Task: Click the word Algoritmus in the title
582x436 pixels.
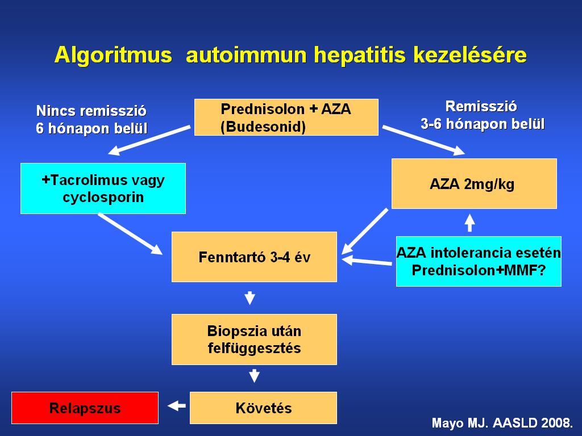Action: tap(113, 55)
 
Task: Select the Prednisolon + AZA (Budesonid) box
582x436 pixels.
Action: tap(286, 117)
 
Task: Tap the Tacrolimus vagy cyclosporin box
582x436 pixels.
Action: tap(103, 188)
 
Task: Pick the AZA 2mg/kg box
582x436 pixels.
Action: tap(474, 183)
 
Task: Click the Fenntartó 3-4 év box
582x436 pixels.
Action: tap(254, 257)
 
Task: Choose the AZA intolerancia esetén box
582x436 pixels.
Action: tap(479, 261)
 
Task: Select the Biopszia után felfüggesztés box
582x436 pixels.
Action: tap(254, 339)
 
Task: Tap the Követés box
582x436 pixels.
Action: tap(264, 408)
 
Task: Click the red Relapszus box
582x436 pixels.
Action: tap(85, 408)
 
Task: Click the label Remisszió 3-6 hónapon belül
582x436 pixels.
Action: tap(482, 115)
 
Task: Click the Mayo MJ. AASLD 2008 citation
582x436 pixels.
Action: tap(502, 423)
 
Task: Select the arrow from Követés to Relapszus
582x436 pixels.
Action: tap(176, 405)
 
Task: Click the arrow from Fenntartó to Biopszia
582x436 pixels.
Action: tap(250, 297)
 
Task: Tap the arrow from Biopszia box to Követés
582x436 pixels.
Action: tap(254, 376)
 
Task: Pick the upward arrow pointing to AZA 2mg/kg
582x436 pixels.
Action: tap(470, 223)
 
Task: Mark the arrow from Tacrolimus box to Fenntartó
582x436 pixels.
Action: tap(130, 234)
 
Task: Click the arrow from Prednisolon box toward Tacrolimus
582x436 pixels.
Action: tap(149, 140)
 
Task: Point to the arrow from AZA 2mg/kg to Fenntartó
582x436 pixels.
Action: tap(364, 232)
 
